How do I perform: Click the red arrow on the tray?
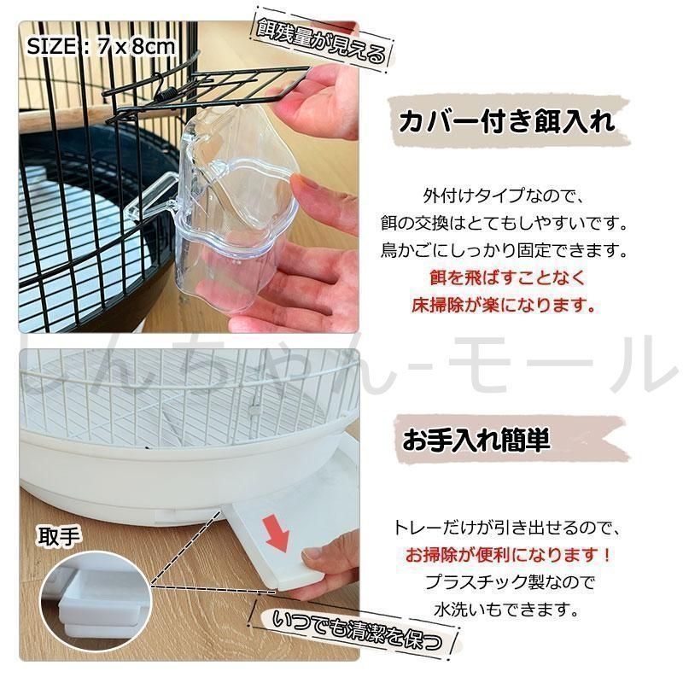coord(277,533)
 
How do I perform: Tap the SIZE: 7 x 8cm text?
coord(101,47)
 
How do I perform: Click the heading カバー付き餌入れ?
coord(506,121)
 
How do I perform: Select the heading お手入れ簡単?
coord(476,439)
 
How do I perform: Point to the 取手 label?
coord(59,537)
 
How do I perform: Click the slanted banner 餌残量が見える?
coord(322,41)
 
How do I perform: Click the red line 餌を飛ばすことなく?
coord(507,277)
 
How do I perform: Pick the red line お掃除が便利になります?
coord(508,555)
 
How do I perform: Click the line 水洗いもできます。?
coord(506,610)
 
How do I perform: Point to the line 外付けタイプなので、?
coord(503,196)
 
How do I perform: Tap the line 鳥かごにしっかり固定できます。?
coord(505,250)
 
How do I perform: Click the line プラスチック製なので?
coord(510,582)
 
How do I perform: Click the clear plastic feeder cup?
coord(226,205)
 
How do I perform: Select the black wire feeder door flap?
coord(218,90)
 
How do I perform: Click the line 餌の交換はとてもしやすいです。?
coord(505,223)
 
